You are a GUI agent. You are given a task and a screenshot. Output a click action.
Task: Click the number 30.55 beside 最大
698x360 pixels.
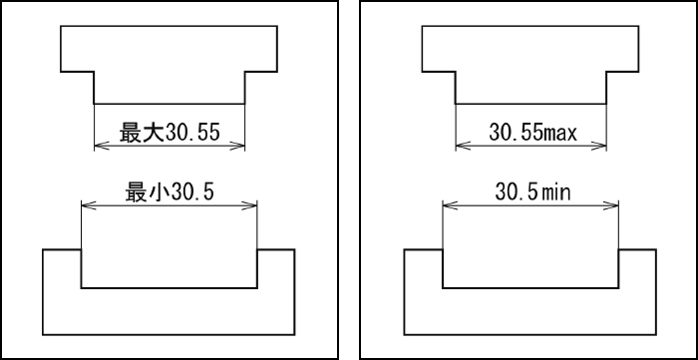pyautogui.click(x=192, y=133)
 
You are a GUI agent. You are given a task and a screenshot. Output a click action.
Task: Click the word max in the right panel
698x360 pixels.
pyautogui.click(x=560, y=133)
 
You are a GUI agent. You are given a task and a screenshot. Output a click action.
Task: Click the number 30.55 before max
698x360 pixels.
pyautogui.click(x=517, y=133)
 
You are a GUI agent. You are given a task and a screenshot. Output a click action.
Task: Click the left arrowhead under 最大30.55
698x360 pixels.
pyautogui.click(x=102, y=145)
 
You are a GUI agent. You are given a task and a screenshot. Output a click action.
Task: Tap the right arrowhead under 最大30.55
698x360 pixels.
pyautogui.click(x=237, y=145)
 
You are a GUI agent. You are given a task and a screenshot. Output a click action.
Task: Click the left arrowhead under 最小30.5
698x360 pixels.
pyautogui.click(x=89, y=205)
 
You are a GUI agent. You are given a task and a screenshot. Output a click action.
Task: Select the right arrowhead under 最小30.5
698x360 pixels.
pyautogui.click(x=249, y=205)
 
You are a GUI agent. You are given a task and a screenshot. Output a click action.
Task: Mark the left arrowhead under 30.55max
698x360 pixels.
pyautogui.click(x=464, y=145)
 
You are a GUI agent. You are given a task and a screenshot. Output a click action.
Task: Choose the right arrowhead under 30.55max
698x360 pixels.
pyautogui.click(x=598, y=145)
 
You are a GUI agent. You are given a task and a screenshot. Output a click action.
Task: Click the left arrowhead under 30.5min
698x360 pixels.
pyautogui.click(x=451, y=205)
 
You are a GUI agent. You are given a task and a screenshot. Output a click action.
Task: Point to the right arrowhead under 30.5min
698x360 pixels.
pyautogui.click(x=611, y=205)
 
